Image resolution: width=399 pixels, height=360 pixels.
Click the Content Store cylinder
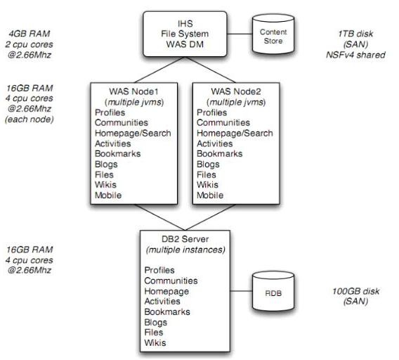(273, 34)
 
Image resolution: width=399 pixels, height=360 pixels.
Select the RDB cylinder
(273, 292)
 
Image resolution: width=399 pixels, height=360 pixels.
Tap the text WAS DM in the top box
(185, 44)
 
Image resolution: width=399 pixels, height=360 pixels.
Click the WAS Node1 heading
(134, 91)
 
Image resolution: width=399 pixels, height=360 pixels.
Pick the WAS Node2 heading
(236, 91)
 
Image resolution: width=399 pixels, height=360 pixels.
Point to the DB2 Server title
(185, 239)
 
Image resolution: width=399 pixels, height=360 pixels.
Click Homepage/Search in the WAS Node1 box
(133, 133)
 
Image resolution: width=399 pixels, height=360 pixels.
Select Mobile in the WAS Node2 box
(210, 195)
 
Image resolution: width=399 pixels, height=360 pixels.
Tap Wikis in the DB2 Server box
(155, 342)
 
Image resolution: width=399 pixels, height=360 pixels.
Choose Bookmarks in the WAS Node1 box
(117, 153)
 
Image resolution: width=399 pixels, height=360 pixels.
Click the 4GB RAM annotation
(30, 34)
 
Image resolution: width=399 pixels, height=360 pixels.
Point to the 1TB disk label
(355, 34)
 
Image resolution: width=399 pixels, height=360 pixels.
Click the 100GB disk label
(355, 291)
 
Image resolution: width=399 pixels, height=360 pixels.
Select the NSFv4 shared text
(355, 55)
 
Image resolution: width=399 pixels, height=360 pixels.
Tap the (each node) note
(30, 120)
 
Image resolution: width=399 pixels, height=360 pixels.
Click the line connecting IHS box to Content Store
(240, 34)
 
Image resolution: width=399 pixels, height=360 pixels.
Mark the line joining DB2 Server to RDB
(241, 291)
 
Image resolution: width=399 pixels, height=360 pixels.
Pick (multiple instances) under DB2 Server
(185, 250)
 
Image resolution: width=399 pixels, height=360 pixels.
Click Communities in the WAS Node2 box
(223, 122)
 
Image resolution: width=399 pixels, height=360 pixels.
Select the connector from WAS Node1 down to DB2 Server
(159, 217)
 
